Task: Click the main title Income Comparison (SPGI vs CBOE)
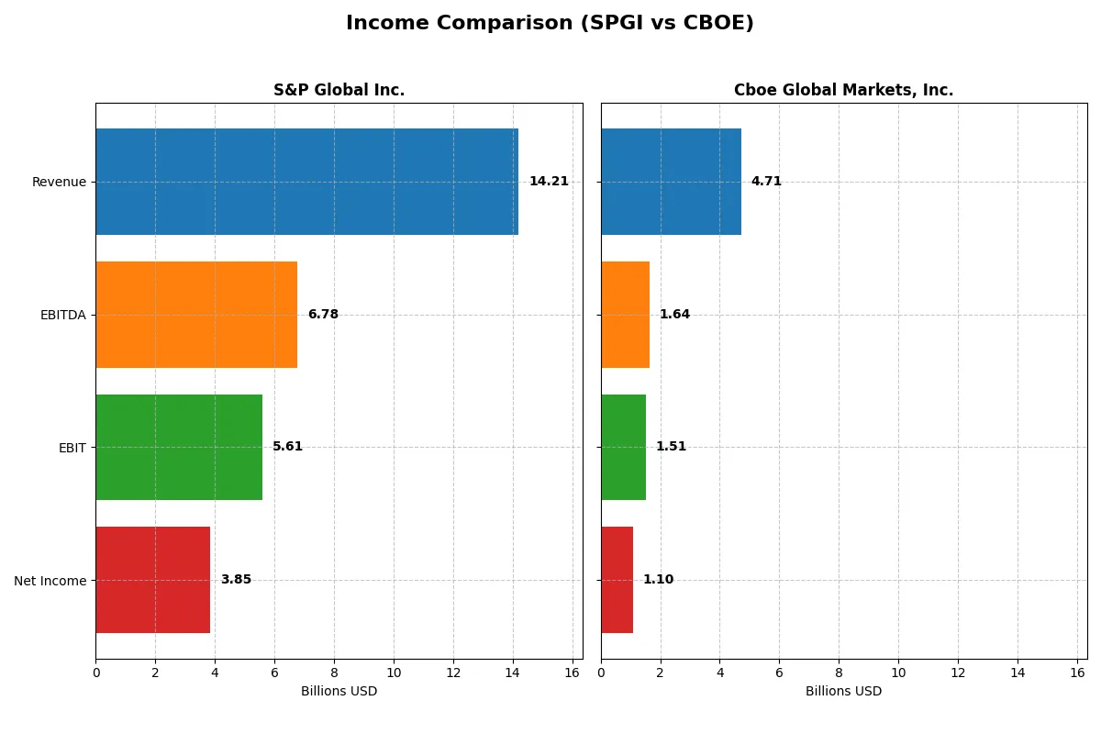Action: click(550, 23)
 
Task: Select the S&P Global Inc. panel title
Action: click(339, 90)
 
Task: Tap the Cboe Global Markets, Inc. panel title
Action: click(843, 90)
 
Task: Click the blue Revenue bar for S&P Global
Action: click(306, 182)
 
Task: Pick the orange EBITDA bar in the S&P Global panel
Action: click(196, 315)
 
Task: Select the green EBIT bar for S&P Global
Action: click(179, 447)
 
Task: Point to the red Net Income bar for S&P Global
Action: click(152, 580)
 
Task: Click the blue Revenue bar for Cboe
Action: click(671, 182)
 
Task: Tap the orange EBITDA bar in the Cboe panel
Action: click(625, 315)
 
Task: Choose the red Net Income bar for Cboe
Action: click(617, 580)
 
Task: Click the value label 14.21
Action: click(549, 182)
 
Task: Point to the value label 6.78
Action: click(323, 315)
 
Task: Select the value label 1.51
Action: click(671, 447)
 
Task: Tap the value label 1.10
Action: click(658, 580)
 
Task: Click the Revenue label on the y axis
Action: click(59, 182)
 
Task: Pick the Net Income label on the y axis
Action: click(50, 580)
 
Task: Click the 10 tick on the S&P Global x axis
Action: click(394, 673)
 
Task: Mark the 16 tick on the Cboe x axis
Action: click(1077, 673)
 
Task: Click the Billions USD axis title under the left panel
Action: click(339, 691)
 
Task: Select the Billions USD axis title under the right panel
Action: click(843, 691)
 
